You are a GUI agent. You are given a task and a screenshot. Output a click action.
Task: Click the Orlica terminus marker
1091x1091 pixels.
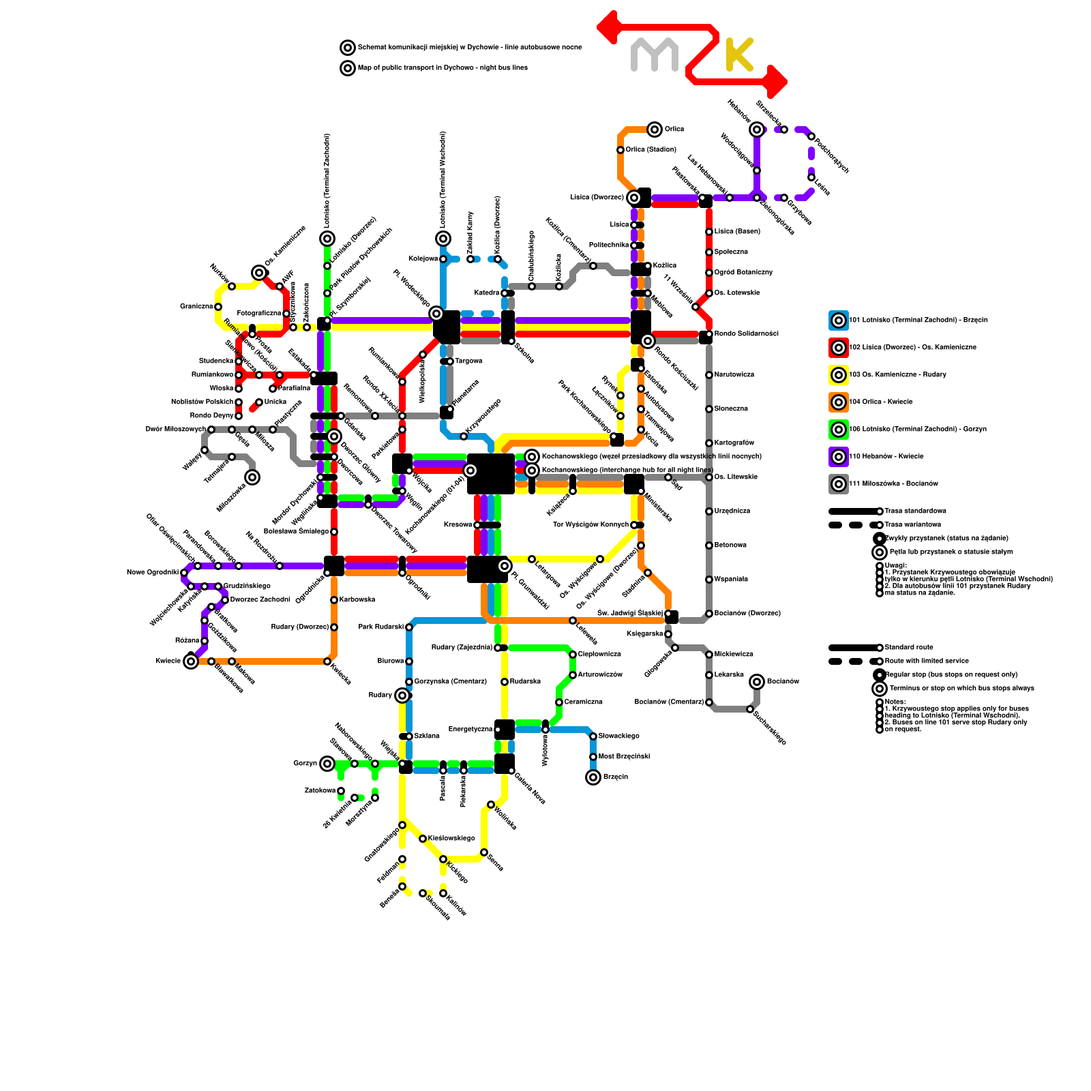pyautogui.click(x=655, y=129)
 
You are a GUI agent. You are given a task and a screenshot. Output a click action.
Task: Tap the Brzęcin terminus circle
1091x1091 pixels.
pyautogui.click(x=593, y=777)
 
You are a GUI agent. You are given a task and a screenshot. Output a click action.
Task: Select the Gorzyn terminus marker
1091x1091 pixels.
pyautogui.click(x=327, y=764)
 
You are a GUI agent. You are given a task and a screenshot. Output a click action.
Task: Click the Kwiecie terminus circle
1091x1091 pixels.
pyautogui.click(x=191, y=661)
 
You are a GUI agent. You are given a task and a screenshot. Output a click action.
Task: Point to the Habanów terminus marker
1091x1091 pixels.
pyautogui.click(x=757, y=129)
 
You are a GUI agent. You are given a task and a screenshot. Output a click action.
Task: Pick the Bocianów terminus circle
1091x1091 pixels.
pyautogui.click(x=757, y=682)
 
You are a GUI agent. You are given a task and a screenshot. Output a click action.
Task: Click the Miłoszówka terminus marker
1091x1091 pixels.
pyautogui.click(x=252, y=477)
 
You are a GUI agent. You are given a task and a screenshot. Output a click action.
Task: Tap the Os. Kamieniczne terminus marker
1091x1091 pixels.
pyautogui.click(x=259, y=273)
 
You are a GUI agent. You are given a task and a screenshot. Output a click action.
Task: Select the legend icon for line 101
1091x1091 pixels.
pyautogui.click(x=839, y=320)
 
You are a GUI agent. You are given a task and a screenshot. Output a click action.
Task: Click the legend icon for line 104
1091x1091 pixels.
pyautogui.click(x=839, y=402)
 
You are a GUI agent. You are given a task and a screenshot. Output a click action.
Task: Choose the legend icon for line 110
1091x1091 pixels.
pyautogui.click(x=839, y=457)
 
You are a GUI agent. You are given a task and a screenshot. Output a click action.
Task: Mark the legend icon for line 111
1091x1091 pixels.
pyautogui.click(x=839, y=484)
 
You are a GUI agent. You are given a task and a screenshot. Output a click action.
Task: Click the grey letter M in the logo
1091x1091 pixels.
pyautogui.click(x=655, y=55)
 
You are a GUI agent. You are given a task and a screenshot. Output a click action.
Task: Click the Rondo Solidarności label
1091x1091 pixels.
pyautogui.click(x=746, y=334)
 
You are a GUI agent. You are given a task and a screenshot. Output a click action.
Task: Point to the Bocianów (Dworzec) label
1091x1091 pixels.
pyautogui.click(x=747, y=614)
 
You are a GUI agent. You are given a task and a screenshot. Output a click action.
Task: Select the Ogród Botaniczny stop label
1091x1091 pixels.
pyautogui.click(x=743, y=273)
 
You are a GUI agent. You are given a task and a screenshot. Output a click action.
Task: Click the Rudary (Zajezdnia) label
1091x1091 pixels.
pyautogui.click(x=462, y=648)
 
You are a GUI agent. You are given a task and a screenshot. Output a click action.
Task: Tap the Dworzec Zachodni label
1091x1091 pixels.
pyautogui.click(x=260, y=600)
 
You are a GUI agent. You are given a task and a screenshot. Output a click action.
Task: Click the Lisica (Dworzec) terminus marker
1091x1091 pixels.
pyautogui.click(x=634, y=198)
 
